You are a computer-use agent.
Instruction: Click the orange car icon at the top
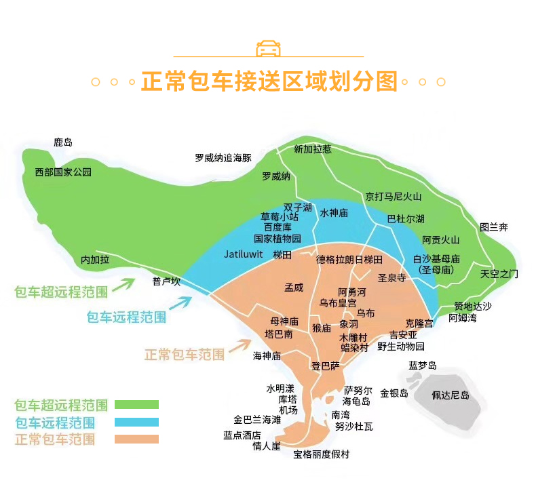269,48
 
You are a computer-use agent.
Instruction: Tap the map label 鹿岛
63,142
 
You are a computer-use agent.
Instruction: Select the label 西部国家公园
63,172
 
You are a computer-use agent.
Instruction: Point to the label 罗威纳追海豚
223,158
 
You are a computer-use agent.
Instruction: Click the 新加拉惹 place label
313,149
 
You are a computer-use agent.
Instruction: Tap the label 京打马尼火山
394,197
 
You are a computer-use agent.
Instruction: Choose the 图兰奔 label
494,227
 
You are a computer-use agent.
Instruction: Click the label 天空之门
499,274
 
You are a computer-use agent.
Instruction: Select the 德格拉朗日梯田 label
349,260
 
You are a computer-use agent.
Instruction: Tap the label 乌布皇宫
338,302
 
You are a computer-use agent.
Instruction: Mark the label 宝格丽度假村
322,454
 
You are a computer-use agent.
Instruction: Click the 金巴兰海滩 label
257,420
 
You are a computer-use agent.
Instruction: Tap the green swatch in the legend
136,405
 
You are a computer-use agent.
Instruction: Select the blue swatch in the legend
136,422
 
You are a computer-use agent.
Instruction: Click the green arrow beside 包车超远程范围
123,284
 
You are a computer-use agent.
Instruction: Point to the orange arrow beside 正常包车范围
239,345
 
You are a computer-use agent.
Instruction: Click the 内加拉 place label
95,260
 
